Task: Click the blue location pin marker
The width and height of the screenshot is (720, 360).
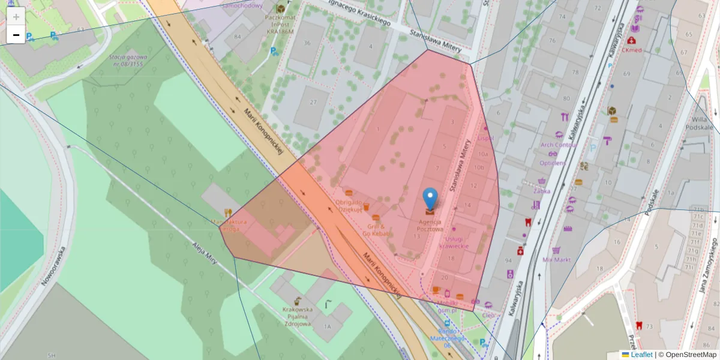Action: point(430,198)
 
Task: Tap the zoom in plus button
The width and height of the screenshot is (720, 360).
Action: point(16,17)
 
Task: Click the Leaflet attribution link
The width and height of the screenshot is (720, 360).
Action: point(641,355)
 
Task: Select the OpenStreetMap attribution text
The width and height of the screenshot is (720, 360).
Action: point(687,355)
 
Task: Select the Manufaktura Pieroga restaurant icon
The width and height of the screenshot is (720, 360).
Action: point(227,212)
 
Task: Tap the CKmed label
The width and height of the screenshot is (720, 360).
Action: point(632,50)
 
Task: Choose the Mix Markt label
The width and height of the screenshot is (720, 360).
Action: point(556,260)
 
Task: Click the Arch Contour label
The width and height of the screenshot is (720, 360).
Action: point(558,145)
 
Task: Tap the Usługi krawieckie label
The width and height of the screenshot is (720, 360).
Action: point(454,242)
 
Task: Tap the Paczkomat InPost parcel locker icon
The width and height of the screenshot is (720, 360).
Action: point(280,9)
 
